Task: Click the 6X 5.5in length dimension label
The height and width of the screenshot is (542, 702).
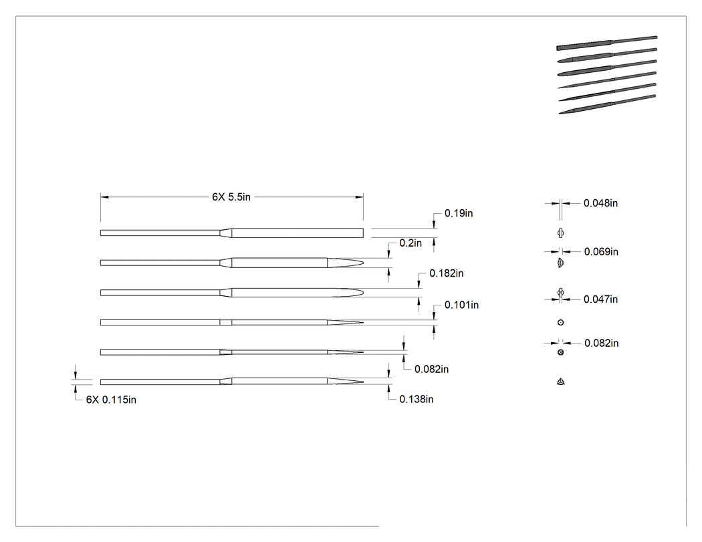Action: click(231, 197)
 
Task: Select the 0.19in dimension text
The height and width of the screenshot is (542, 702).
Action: click(459, 213)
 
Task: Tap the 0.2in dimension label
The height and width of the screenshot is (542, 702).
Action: click(411, 243)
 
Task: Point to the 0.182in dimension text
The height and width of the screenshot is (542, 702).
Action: click(447, 273)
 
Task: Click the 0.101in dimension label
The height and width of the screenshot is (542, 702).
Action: click(461, 305)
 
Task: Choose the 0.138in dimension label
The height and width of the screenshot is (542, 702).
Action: click(417, 399)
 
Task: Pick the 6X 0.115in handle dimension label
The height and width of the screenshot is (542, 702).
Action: click(111, 400)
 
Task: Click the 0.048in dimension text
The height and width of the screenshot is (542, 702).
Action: click(600, 203)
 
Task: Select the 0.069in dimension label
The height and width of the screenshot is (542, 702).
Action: click(601, 251)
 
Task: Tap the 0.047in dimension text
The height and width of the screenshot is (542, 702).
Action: click(600, 299)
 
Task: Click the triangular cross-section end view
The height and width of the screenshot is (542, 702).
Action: click(560, 382)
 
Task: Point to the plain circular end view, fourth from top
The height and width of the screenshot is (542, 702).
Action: click(560, 322)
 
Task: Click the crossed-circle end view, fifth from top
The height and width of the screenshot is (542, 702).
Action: click(560, 352)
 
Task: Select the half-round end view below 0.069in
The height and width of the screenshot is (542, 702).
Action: click(561, 263)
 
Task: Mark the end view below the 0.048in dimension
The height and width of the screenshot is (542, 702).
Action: click(560, 233)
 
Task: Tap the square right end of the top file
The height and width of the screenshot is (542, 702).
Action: click(363, 233)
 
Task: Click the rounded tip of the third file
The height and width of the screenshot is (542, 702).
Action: click(363, 293)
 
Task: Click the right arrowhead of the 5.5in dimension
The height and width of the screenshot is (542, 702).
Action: click(359, 197)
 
